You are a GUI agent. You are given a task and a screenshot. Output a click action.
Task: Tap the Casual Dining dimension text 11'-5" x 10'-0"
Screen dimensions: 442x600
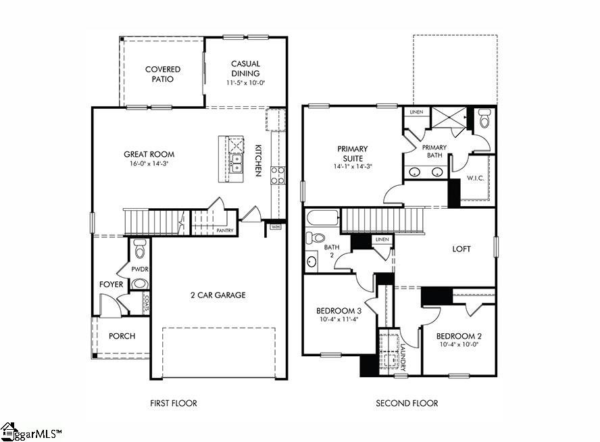pos(245,83)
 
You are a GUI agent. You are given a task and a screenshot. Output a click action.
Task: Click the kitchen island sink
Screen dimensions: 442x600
pos(236,163)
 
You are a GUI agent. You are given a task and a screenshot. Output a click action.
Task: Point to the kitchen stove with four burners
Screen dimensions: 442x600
pos(278,175)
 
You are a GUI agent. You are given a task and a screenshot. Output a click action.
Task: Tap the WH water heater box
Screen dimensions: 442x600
pos(275,227)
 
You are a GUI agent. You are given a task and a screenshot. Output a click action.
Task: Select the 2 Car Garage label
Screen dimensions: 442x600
pos(218,295)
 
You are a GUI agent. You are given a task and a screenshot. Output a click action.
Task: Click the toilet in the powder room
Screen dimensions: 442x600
pos(140,248)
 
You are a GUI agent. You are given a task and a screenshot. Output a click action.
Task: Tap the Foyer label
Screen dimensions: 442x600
pos(111,285)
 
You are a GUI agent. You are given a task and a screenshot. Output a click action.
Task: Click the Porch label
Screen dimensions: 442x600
pos(122,336)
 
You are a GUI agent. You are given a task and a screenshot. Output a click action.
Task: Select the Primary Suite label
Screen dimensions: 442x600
pos(353,153)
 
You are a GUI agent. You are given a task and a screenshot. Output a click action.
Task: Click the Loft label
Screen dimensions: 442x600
pos(461,249)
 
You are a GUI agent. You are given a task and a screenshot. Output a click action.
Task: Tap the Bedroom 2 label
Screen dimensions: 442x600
pos(459,337)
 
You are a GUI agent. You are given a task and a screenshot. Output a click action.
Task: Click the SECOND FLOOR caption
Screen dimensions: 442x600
pos(407,403)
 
